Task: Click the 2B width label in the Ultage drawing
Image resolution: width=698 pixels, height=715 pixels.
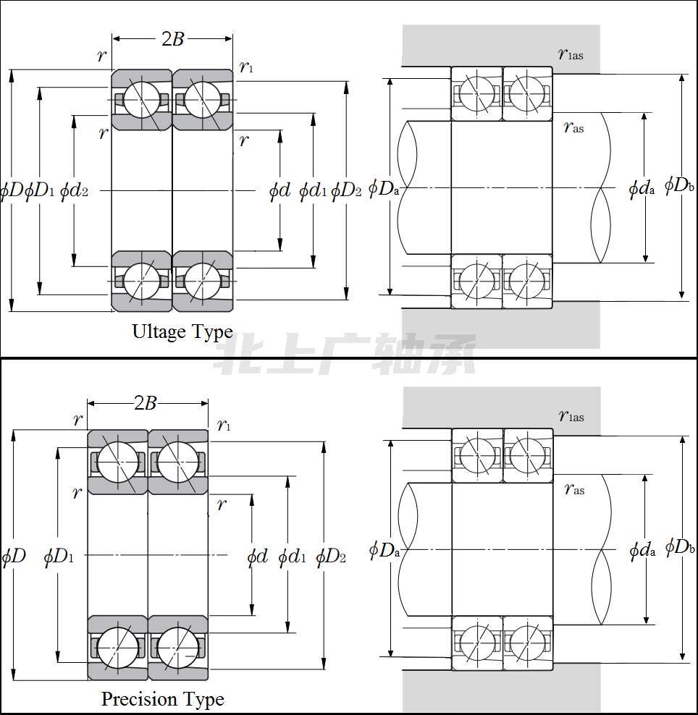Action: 172,39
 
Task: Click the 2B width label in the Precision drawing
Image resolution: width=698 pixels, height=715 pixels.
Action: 146,403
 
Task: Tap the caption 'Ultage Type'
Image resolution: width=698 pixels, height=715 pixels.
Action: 182,332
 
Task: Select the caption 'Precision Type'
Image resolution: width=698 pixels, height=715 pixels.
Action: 163,699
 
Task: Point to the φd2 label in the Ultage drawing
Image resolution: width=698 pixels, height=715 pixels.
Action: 74,190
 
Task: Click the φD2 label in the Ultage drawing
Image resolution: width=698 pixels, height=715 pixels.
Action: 346,190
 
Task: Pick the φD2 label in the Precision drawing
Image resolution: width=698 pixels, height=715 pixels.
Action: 331,557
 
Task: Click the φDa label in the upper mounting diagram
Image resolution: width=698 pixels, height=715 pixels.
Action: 384,187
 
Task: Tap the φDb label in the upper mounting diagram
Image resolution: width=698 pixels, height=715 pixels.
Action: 679,185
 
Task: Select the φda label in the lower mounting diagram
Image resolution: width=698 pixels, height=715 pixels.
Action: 642,551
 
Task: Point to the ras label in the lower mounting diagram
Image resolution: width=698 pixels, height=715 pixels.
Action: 574,488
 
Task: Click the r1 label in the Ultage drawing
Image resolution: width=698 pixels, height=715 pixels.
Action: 246,67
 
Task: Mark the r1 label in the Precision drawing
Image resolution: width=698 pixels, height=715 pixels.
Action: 224,426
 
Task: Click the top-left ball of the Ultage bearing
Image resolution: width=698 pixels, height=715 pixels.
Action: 142,99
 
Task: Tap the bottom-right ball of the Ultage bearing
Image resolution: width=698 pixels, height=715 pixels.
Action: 203,281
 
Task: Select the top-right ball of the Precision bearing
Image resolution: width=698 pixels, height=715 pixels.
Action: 178,462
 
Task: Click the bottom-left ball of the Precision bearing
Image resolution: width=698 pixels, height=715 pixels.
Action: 118,648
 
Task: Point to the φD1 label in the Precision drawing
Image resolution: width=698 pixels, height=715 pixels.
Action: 59,557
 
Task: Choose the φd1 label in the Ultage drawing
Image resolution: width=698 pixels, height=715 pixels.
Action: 313,190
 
